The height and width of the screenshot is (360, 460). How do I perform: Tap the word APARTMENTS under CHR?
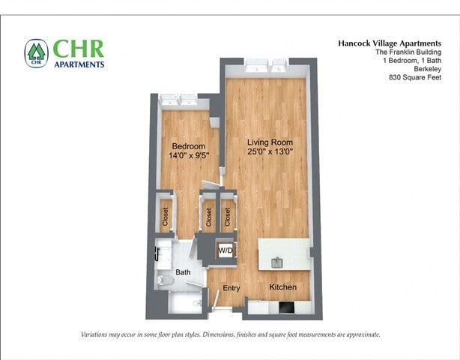79,64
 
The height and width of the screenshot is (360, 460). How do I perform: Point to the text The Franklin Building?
404,52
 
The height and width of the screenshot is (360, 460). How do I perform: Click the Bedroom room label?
188,146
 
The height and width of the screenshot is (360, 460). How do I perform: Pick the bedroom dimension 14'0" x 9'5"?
189,155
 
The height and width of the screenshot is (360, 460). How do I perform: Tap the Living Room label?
270,142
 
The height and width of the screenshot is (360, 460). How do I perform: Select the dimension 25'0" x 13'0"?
270,151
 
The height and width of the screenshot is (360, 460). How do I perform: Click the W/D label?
225,250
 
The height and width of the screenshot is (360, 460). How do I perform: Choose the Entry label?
231,288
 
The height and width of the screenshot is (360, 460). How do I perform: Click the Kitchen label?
282,288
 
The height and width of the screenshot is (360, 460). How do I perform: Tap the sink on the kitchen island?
276,261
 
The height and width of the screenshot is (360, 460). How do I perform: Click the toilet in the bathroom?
166,281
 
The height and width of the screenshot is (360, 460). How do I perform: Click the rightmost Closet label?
226,217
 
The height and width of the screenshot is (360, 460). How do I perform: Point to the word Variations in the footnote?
98,334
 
